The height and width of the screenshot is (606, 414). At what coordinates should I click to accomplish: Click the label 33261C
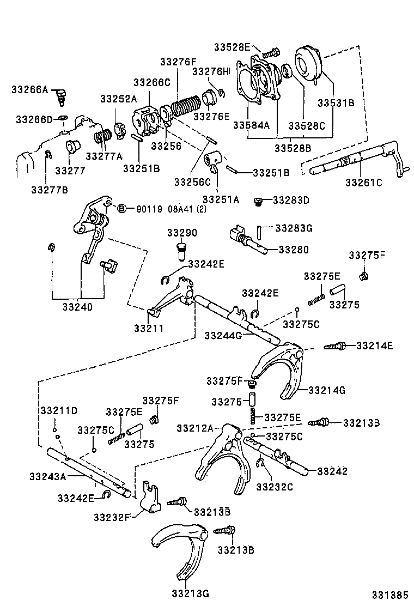[363, 182]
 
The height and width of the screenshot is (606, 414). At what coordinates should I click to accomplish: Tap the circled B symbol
[122, 209]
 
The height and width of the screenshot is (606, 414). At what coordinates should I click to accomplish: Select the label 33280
[294, 250]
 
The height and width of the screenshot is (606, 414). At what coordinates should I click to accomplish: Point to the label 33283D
[291, 200]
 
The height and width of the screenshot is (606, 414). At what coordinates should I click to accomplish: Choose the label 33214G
[326, 390]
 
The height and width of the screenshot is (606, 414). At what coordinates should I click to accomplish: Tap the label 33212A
[194, 428]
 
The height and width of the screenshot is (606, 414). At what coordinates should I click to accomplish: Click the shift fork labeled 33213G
[180, 545]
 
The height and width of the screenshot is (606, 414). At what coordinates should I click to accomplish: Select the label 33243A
[47, 476]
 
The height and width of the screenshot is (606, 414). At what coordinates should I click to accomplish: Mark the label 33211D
[58, 410]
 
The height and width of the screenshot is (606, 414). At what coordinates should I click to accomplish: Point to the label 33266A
[29, 89]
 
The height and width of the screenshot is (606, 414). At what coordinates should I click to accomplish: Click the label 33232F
[112, 516]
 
